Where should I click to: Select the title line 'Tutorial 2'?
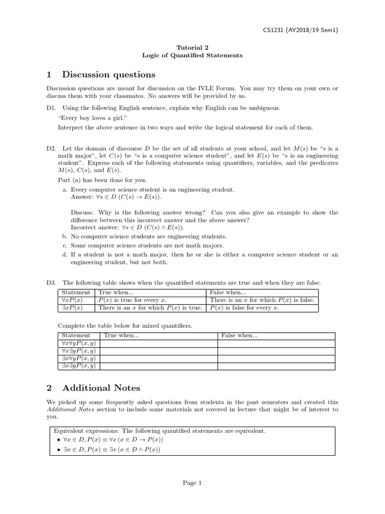click(192, 47)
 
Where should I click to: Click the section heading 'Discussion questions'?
click(108, 75)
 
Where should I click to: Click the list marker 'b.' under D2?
click(65, 236)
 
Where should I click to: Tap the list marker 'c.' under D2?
click(65, 245)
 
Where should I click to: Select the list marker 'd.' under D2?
click(65, 254)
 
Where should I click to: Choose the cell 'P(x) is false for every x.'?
click(244, 308)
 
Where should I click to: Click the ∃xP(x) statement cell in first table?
click(72, 308)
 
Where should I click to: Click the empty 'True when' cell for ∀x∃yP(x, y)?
click(158, 351)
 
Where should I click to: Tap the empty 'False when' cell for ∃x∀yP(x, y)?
click(276, 358)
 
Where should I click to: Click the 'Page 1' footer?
click(192, 483)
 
